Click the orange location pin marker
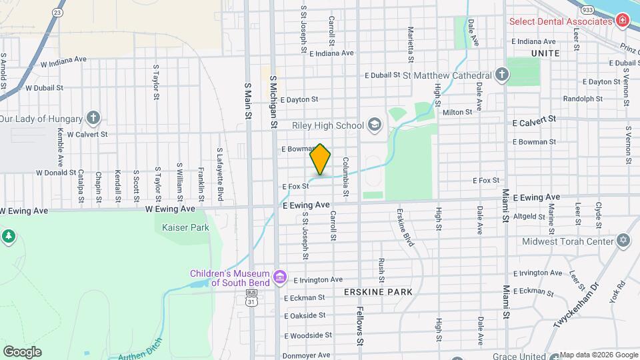point(321,159)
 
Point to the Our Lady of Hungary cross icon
point(93,119)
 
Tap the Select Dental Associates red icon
point(622,21)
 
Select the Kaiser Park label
point(185,227)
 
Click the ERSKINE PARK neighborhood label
point(378,292)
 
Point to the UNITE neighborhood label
point(545,53)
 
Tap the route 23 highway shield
point(57,12)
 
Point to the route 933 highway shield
point(587,11)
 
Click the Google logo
point(22,351)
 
